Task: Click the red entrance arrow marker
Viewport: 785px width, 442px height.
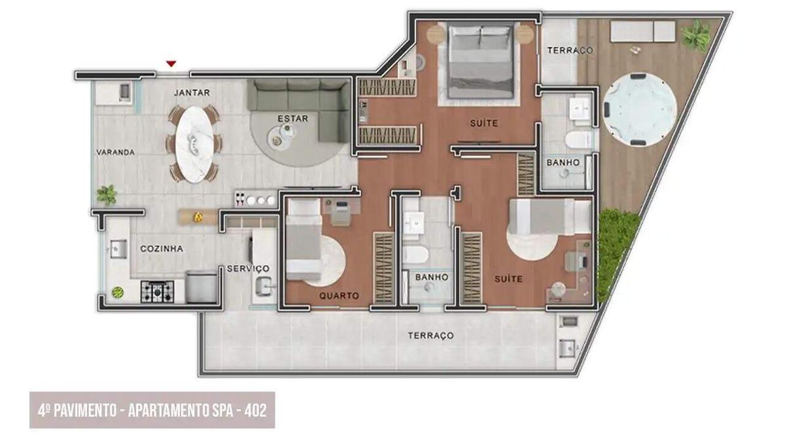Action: (171, 64)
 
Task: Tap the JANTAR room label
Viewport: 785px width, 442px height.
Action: (192, 93)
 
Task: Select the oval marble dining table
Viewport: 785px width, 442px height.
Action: (194, 144)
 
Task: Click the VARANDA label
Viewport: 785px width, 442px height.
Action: (115, 152)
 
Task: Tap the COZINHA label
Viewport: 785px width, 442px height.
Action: (162, 249)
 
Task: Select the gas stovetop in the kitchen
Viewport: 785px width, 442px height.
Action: (157, 291)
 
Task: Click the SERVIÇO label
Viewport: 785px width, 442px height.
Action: (247, 268)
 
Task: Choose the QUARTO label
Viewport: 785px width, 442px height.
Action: (339, 296)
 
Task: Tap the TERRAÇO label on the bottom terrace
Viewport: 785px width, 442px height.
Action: (430, 335)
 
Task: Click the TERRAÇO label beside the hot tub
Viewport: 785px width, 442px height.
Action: (570, 50)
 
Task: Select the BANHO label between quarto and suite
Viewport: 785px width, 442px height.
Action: (432, 278)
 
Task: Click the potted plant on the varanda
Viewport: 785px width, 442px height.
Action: (107, 194)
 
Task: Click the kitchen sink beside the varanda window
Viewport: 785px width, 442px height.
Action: (118, 248)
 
